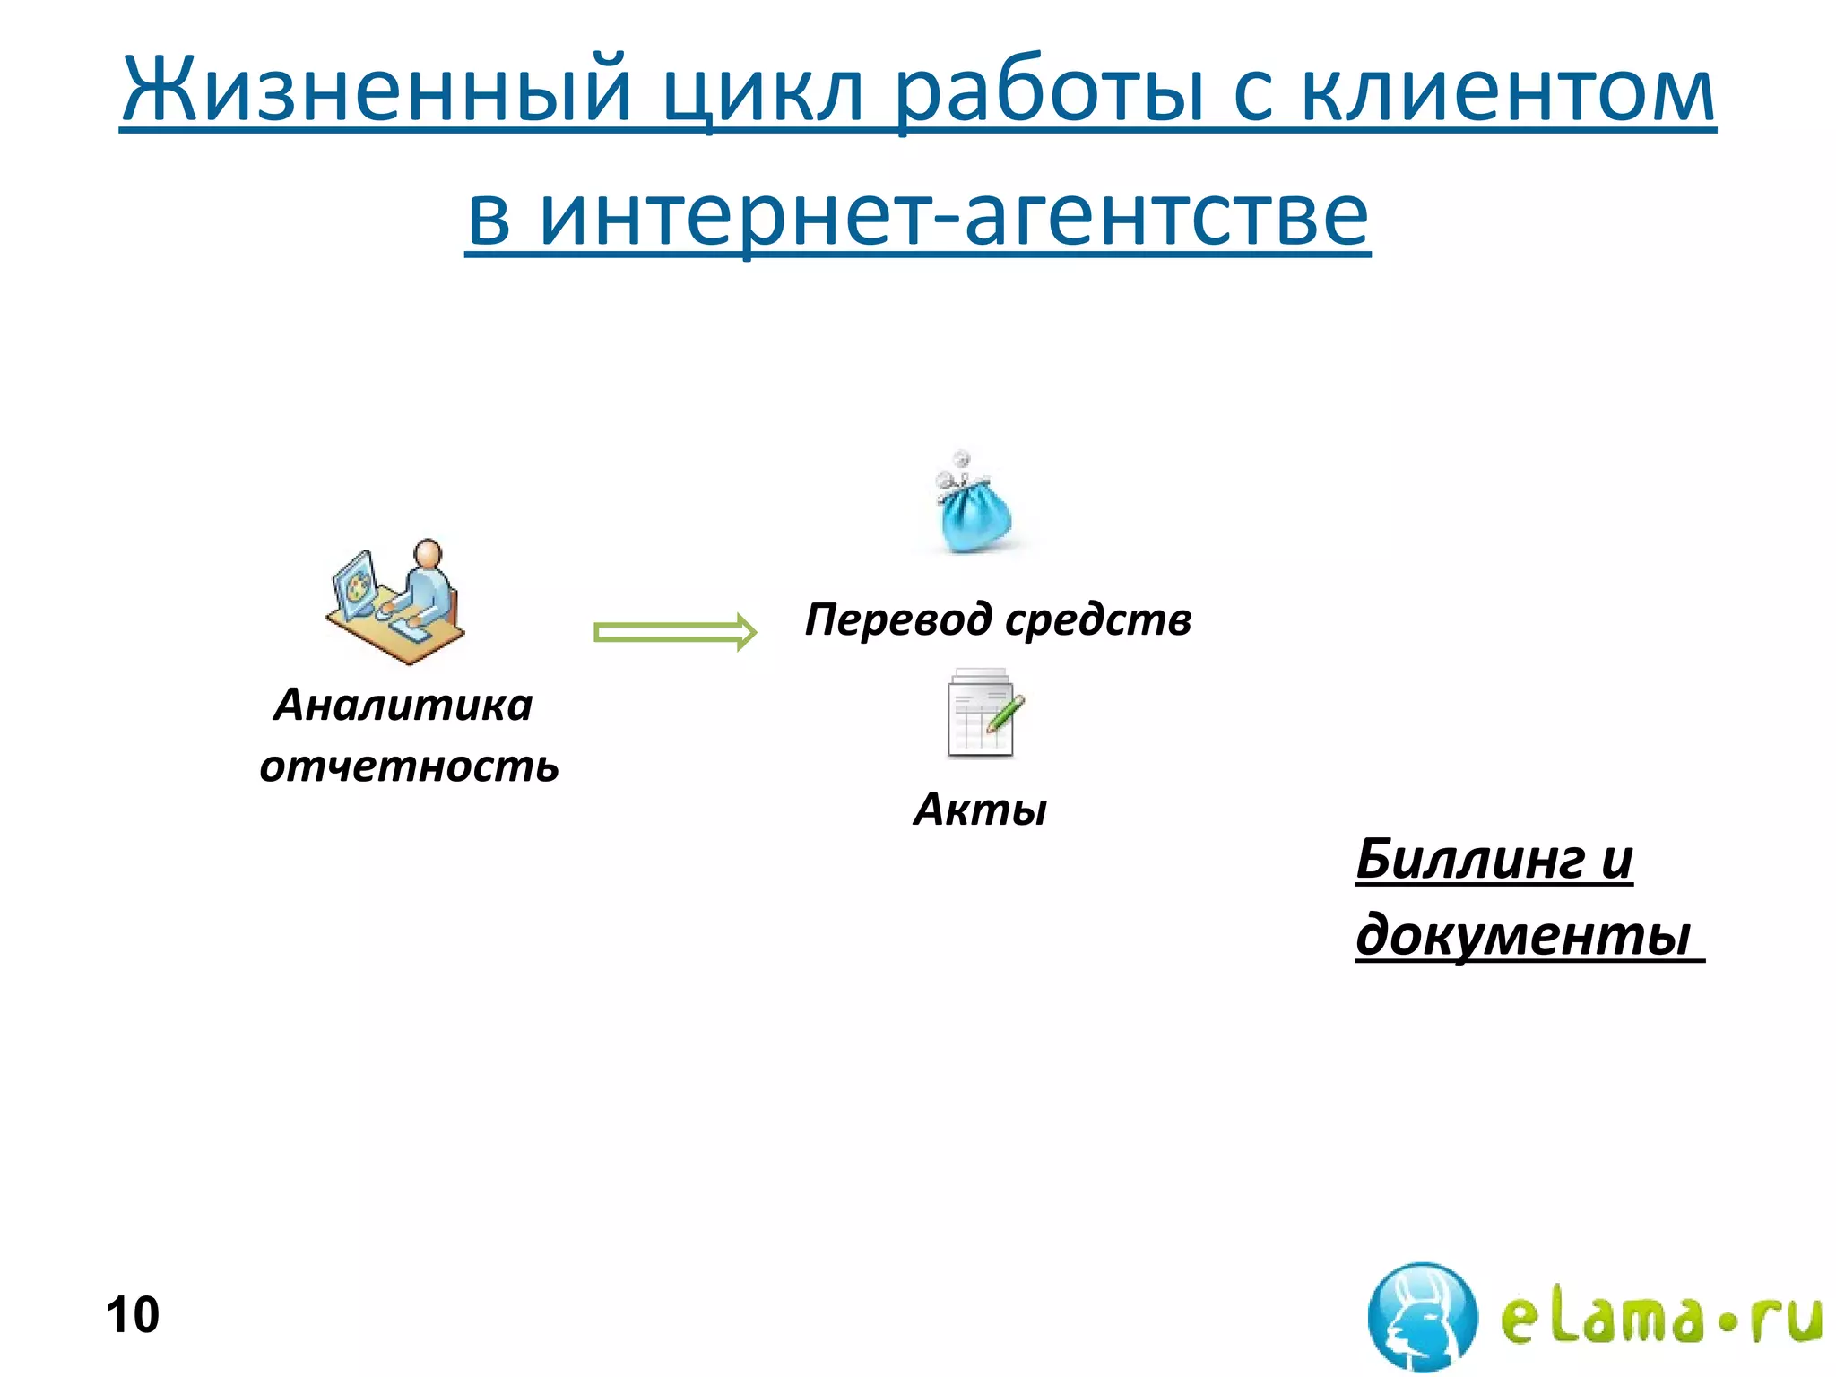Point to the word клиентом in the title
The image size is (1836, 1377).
(1506, 90)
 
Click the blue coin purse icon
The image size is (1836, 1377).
(974, 507)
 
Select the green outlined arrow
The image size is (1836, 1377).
(675, 632)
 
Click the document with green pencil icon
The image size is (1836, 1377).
(983, 714)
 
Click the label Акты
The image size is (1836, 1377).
(980, 809)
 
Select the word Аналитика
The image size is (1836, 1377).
(403, 705)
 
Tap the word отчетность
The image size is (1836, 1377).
(409, 766)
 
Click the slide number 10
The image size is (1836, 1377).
(133, 1314)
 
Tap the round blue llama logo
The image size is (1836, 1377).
(1422, 1316)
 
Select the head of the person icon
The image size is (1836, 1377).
(429, 553)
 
